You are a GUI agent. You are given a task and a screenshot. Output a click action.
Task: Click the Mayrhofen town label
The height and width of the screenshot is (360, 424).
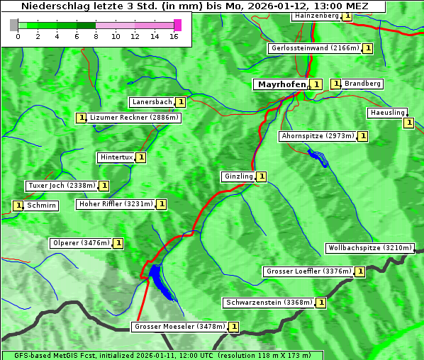(x=281, y=84)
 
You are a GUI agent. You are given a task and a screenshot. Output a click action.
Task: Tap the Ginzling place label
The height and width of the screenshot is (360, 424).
(x=238, y=176)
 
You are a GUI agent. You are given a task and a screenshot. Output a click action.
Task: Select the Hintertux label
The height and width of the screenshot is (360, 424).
(x=116, y=157)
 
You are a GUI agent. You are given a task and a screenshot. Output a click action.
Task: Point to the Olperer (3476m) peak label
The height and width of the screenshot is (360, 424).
(x=81, y=243)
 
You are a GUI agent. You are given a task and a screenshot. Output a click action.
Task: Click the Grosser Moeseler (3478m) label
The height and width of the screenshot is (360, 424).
(x=179, y=327)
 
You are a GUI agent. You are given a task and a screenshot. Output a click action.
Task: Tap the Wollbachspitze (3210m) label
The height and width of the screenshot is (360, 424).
(x=369, y=248)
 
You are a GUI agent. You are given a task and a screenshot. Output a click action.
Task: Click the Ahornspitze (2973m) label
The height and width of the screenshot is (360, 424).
(x=317, y=135)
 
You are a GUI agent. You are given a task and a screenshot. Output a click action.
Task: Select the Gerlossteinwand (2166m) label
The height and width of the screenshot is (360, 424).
(x=315, y=48)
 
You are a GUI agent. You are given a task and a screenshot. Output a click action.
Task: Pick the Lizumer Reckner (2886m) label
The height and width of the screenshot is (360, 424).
(x=133, y=118)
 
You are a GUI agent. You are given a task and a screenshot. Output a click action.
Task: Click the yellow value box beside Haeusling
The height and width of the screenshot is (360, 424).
(x=408, y=123)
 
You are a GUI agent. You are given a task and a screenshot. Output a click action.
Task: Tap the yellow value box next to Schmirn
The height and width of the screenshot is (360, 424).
(x=18, y=206)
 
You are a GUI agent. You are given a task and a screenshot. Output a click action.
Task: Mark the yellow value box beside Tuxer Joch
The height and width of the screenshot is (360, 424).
(x=104, y=186)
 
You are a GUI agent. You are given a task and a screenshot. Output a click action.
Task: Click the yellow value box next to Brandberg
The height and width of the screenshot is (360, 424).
(x=336, y=84)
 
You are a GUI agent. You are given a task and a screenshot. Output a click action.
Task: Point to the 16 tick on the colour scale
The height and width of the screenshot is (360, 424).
(x=174, y=36)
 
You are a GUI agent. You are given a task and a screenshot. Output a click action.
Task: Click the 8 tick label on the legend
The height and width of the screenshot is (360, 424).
(x=96, y=36)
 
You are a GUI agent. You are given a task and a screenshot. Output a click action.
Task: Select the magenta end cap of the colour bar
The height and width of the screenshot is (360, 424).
(x=177, y=25)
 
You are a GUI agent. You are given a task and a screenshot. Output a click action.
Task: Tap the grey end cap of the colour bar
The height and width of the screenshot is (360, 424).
(x=13, y=25)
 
